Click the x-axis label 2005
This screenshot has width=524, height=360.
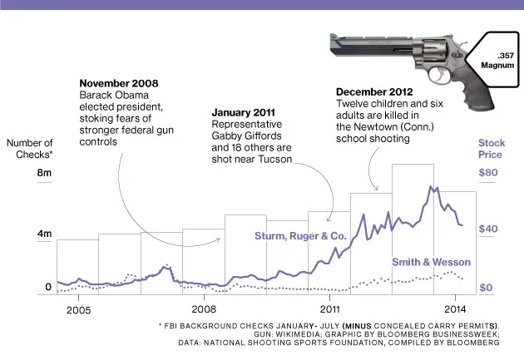78,309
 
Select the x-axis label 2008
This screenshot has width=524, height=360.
204,309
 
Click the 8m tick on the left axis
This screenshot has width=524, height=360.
44,173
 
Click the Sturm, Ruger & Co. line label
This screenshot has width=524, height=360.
300,236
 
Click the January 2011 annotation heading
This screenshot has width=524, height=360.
246,112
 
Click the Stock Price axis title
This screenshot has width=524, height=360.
492,149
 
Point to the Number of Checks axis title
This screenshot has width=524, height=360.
30,149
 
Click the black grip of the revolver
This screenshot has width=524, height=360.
442,76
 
